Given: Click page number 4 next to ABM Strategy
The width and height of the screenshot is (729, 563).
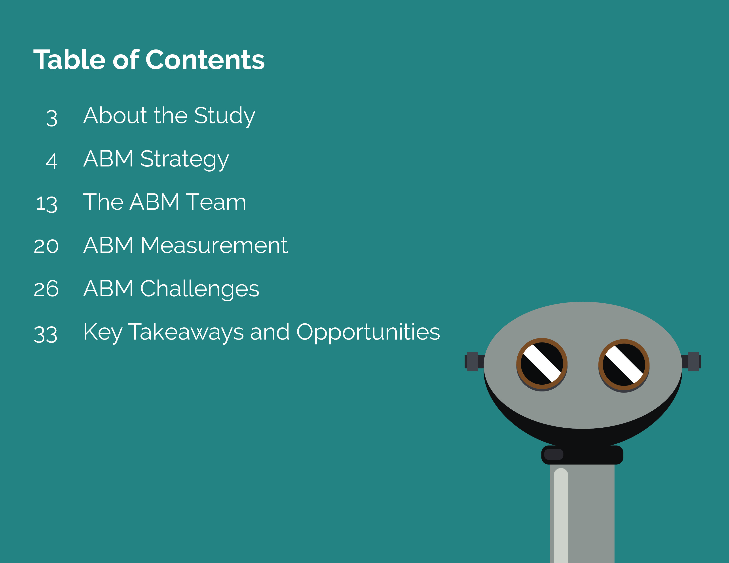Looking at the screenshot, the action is pyautogui.click(x=52, y=161).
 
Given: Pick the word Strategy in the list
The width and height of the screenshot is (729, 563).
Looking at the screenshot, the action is pyautogui.click(x=185, y=159).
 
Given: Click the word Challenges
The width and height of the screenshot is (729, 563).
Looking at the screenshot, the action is pyautogui.click(x=200, y=289).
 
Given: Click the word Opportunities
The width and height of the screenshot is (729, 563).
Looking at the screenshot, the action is pyautogui.click(x=368, y=332).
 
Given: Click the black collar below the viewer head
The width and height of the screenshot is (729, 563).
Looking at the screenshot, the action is pyautogui.click(x=582, y=455).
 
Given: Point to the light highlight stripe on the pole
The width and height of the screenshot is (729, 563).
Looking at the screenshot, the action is pyautogui.click(x=561, y=515).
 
